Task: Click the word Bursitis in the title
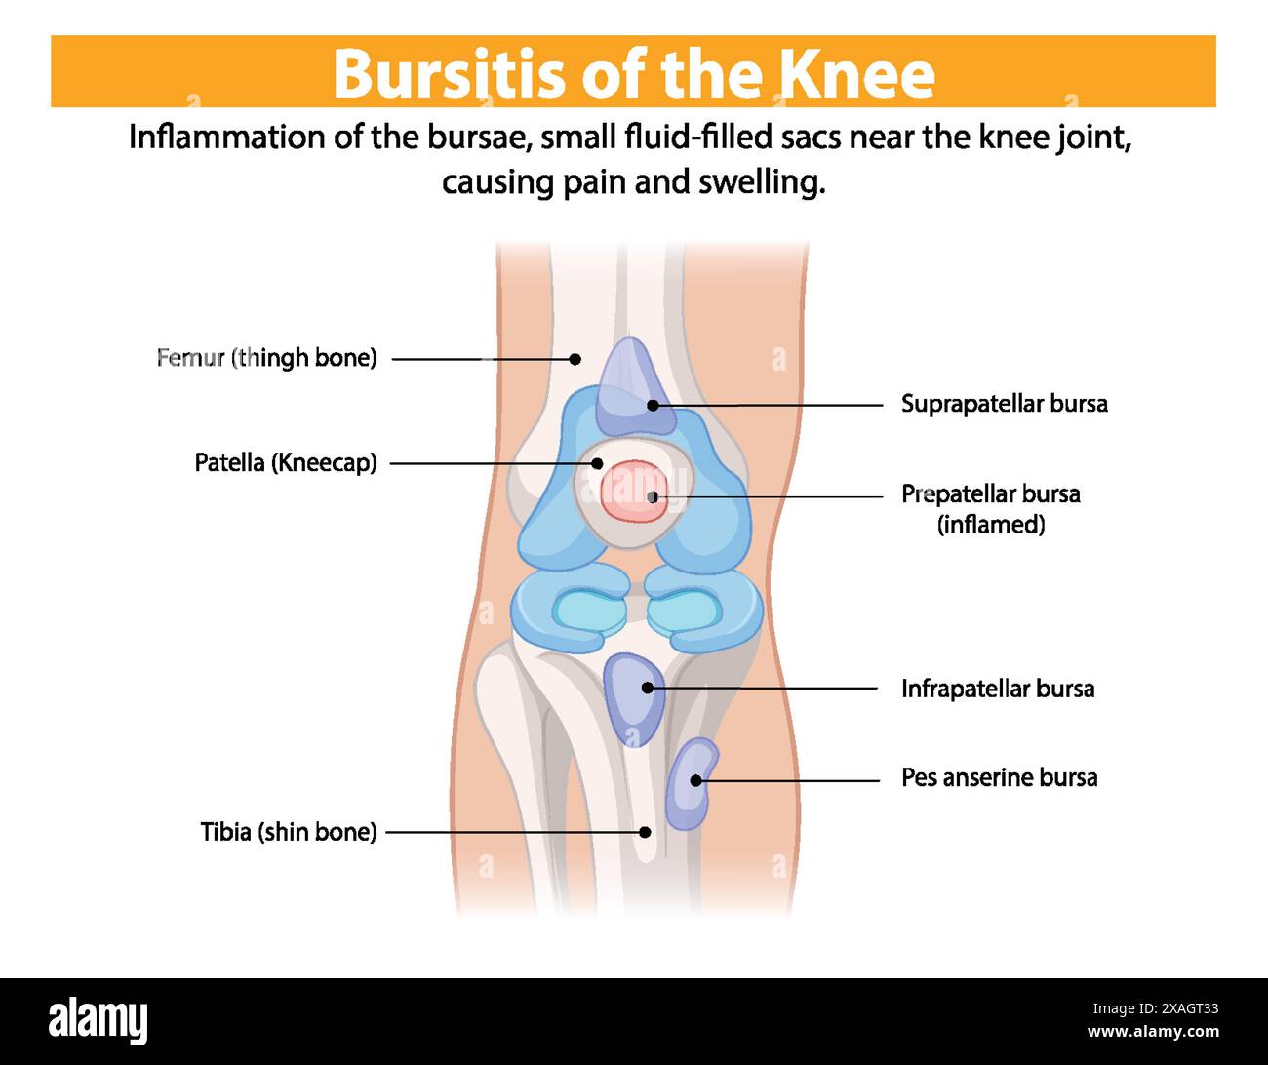point(449,73)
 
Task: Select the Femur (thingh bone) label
point(266,358)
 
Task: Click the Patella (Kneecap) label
point(286,462)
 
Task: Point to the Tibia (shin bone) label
point(288,832)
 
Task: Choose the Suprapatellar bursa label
point(1004,404)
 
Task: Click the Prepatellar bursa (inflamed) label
point(990,508)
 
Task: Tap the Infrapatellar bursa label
point(997,689)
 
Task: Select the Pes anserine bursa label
point(999,777)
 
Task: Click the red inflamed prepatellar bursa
point(632,491)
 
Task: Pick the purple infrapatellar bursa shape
point(634,698)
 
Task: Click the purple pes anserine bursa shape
point(691,784)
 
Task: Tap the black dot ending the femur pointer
point(575,359)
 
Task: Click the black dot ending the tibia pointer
point(645,832)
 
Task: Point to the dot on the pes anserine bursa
point(695,780)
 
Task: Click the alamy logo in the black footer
point(99,1021)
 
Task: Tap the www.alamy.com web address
point(1153,1032)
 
